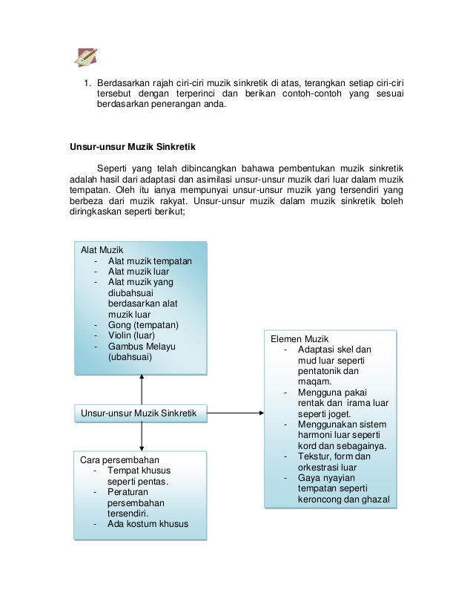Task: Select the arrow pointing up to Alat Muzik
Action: tap(140, 380)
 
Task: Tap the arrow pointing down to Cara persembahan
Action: tap(140, 444)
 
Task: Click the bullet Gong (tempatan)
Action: tap(143, 324)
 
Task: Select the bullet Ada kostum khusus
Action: tap(148, 524)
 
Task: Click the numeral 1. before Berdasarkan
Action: tap(86, 82)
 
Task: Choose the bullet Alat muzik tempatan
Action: tap(150, 260)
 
